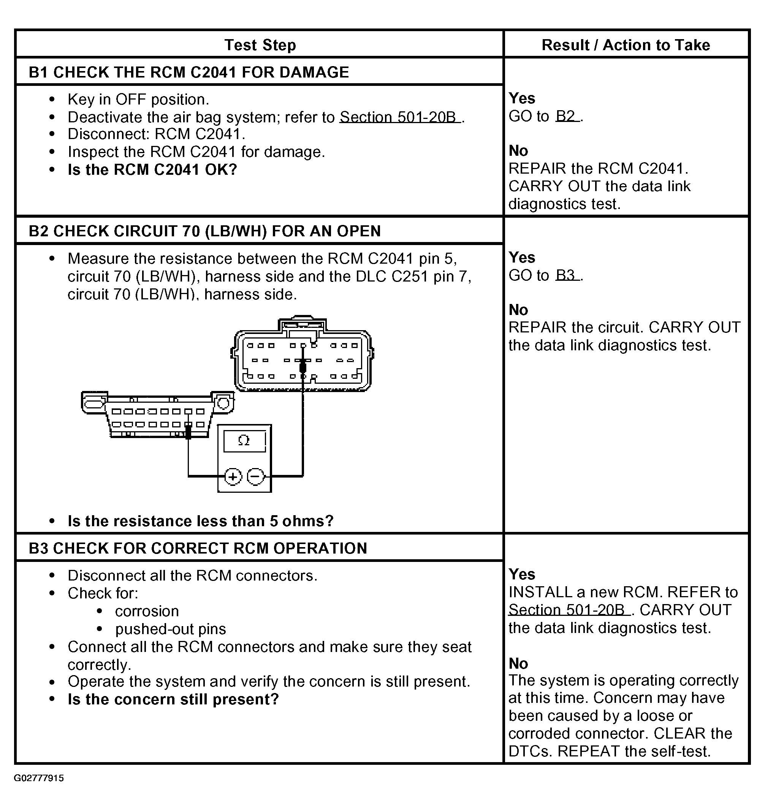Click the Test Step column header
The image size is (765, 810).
coord(260,45)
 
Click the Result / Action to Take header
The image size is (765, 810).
coord(626,45)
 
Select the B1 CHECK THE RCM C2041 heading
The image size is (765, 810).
coord(189,72)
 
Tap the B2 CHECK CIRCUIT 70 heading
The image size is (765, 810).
coord(205,231)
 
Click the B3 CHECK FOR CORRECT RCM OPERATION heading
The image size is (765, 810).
coord(198,548)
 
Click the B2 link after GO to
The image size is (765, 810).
coord(565,117)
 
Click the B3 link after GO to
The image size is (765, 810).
coord(565,275)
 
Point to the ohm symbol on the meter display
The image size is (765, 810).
coord(244,440)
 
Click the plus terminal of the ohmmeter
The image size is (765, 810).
coord(233,476)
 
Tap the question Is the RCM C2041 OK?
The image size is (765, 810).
coord(152,169)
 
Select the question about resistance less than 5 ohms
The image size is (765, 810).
coord(200,521)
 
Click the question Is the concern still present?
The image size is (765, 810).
coord(173,699)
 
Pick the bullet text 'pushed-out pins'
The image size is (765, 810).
coord(171,629)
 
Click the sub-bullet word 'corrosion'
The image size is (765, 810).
coord(147,611)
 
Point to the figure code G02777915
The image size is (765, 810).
coord(39,778)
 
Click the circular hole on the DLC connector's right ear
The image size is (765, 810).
coord(223,403)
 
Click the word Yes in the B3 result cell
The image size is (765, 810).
coord(521,574)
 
